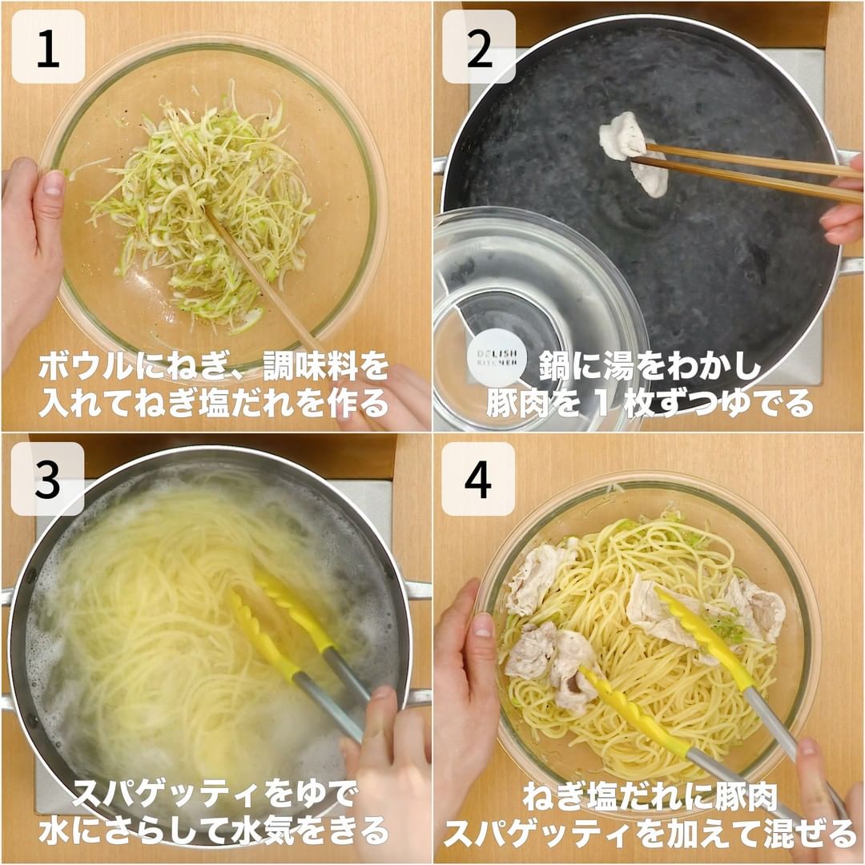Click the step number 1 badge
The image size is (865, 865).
click(48, 47)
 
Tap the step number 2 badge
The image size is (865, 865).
click(479, 47)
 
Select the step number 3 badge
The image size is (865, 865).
click(47, 479)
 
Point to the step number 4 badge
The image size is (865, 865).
click(478, 479)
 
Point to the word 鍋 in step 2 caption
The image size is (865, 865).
click(553, 367)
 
